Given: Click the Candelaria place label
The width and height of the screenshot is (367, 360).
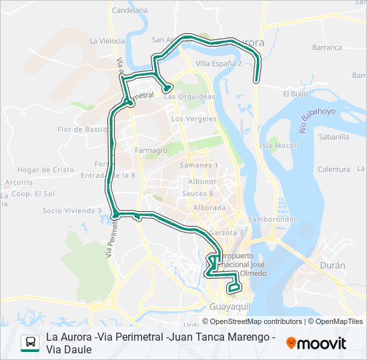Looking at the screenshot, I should (x=130, y=10).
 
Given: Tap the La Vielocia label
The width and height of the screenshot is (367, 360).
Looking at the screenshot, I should (x=107, y=41).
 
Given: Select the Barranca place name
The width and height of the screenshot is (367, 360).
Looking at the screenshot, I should (x=326, y=47).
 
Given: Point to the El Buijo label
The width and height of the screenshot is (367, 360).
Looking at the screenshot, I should (x=294, y=94).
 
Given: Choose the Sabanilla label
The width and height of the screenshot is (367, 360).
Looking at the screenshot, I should (x=334, y=137).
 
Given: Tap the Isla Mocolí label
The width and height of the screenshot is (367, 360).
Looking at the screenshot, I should (x=279, y=145).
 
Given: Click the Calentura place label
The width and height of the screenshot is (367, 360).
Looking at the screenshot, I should (x=334, y=169).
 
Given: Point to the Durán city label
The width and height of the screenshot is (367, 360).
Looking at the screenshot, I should (x=333, y=265).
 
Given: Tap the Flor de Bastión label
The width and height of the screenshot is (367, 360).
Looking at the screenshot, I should (x=82, y=129).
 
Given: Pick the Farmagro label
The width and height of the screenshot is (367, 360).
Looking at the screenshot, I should (x=151, y=150).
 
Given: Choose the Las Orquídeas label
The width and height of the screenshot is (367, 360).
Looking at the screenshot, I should (x=190, y=96).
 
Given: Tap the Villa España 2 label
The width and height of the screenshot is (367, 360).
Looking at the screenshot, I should (x=218, y=63).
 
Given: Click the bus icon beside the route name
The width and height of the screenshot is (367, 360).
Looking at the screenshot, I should (x=30, y=343).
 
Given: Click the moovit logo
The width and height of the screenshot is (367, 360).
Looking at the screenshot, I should (x=316, y=343).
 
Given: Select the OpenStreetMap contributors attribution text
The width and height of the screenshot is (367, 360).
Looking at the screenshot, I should (x=257, y=321).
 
